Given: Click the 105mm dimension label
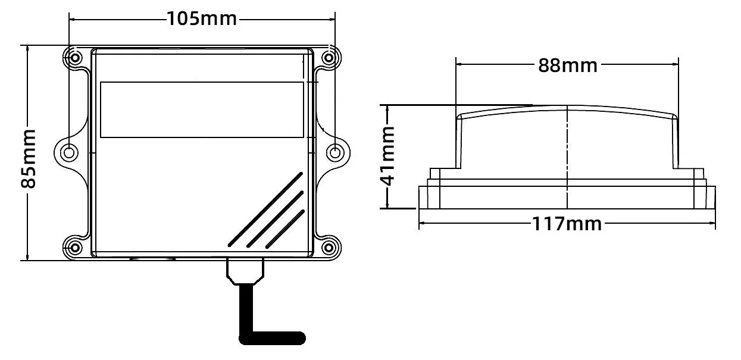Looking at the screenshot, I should (x=202, y=18).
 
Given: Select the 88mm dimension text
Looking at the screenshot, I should (x=567, y=65).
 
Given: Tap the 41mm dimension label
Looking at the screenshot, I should (x=388, y=157).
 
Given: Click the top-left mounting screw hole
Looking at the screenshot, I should (x=75, y=58).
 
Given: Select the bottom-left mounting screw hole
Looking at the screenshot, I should (x=75, y=246).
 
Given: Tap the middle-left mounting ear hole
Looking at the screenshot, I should (x=70, y=152).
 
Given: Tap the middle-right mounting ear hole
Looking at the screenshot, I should (x=335, y=152).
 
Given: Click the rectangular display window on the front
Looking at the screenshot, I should (x=202, y=109).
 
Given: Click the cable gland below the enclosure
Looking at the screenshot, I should (x=245, y=271).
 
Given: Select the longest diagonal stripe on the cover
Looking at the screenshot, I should (x=265, y=209).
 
